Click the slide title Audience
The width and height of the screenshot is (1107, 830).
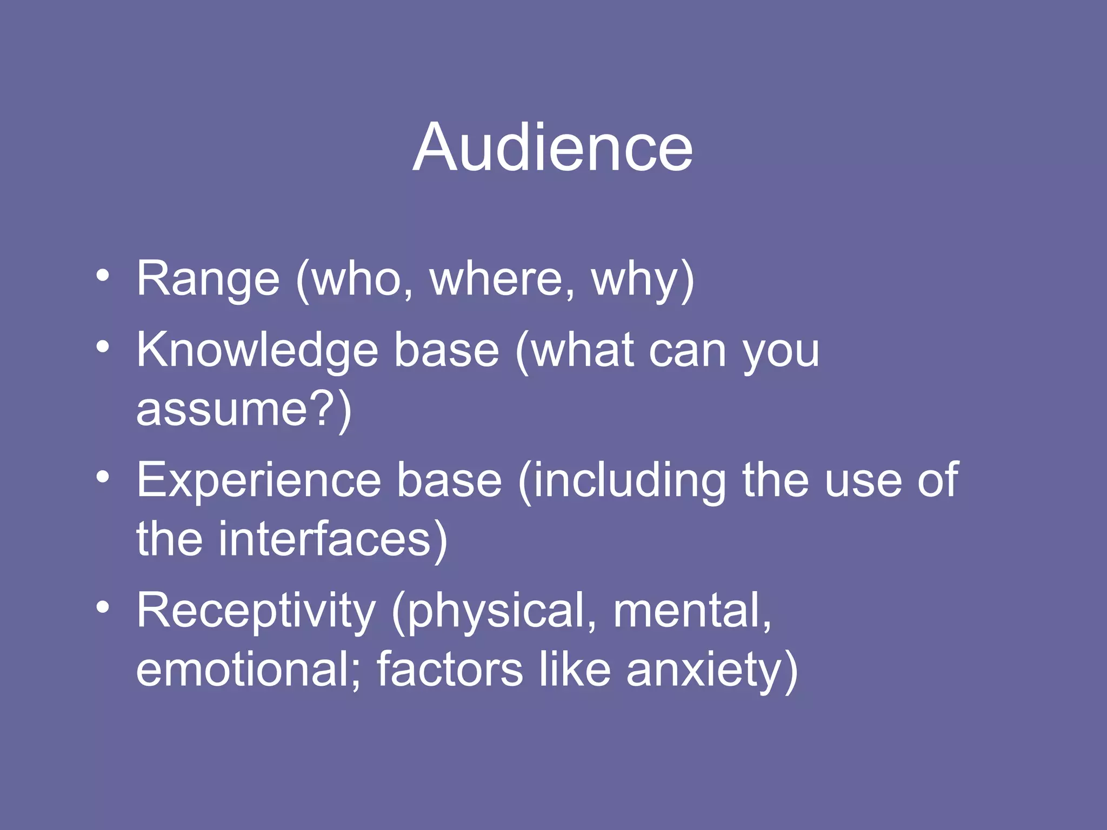point(552,148)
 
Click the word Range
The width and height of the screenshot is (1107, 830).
point(208,279)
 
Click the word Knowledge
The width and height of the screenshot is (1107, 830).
point(257,351)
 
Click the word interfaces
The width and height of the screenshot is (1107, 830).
point(324,539)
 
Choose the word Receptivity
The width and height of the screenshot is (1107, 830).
point(256,611)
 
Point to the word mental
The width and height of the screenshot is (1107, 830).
point(686,610)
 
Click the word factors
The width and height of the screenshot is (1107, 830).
point(450,670)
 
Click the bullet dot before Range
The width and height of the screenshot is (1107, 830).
point(103,277)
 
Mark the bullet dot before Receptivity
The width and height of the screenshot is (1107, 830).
point(103,608)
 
